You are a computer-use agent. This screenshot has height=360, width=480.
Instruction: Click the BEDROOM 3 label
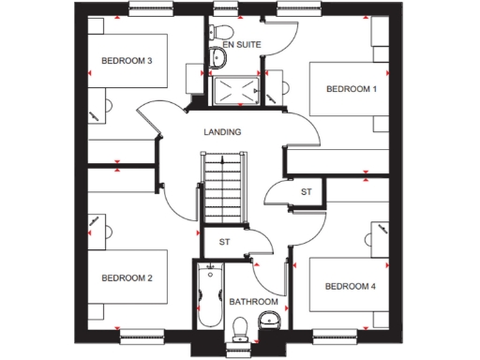pos(127,62)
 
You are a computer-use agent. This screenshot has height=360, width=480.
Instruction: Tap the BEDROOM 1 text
pos(351,89)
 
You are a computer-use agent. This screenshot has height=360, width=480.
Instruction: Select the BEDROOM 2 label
pos(127,277)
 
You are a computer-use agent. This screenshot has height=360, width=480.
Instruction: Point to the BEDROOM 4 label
pos(350,286)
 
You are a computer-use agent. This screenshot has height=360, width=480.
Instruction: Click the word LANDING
pos(222,132)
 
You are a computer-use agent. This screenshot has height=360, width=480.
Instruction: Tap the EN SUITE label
pos(240,43)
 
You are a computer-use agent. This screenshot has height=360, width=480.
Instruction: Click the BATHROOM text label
pos(254,302)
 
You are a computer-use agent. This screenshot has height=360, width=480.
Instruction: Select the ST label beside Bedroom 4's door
pos(306,192)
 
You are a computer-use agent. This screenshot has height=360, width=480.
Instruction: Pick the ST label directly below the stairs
pos(224,242)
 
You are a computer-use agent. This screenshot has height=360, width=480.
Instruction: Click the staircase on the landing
pos(222,192)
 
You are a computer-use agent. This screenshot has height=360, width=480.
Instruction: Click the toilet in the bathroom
pos(240,325)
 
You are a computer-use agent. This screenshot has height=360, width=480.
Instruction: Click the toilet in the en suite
pos(219,58)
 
